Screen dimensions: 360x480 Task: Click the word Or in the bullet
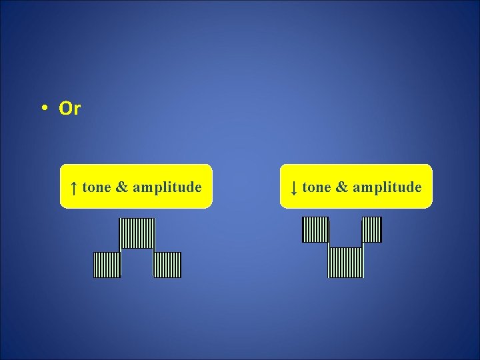(69, 109)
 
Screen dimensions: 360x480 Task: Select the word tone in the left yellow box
(97, 187)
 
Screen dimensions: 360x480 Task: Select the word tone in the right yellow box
(317, 187)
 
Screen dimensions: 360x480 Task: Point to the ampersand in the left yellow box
(122, 187)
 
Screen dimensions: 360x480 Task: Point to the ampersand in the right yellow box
(342, 187)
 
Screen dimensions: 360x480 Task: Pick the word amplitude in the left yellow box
(167, 187)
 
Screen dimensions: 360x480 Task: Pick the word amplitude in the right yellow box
(387, 187)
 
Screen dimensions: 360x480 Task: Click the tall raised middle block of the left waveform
(137, 233)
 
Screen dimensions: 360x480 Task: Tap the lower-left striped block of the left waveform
(107, 265)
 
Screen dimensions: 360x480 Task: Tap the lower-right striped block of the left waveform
(167, 265)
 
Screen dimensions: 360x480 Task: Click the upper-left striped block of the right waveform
(315, 230)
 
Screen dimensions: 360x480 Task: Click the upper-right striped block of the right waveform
(371, 230)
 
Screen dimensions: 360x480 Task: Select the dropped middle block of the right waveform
(346, 262)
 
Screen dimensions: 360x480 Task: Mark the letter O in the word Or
(65, 109)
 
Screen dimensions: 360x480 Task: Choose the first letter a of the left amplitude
(136, 189)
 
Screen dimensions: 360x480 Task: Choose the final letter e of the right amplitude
(418, 189)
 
